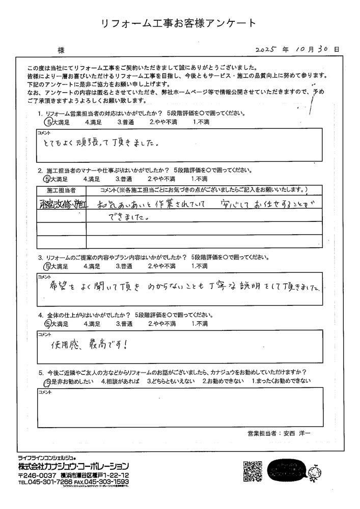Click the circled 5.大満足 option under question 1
coord(57,122)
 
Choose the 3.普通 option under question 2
coord(124,179)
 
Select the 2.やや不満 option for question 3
coord(162,266)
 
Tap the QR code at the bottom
coord(253,471)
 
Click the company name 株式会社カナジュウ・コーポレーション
coord(73,466)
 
